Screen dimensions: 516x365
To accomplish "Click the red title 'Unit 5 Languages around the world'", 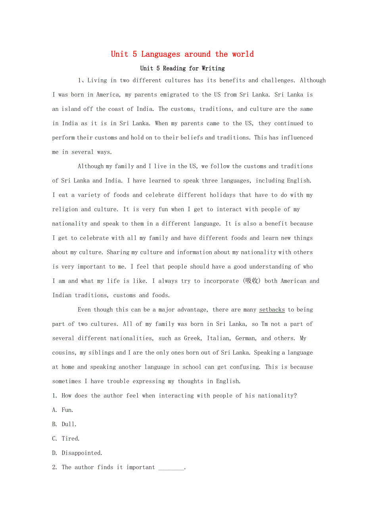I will click(x=182, y=54).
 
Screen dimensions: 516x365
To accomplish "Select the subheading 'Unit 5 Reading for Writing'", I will click(x=182, y=68).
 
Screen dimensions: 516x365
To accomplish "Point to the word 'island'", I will click(x=70, y=109).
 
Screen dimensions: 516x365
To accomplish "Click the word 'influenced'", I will click(x=297, y=138).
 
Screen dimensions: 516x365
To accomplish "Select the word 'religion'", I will click(x=65, y=209).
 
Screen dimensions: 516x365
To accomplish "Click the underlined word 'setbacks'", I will click(x=272, y=310).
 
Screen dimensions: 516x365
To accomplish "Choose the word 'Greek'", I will click(x=194, y=338).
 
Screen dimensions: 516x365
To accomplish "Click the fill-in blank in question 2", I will click(x=171, y=468).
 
